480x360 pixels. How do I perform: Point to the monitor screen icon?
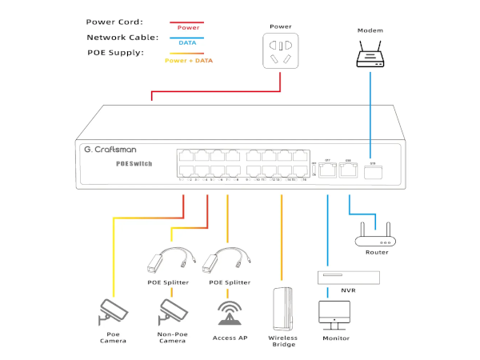pos(335,312)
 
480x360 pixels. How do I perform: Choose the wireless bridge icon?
pos(283,307)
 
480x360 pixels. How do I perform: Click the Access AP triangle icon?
pos(230,314)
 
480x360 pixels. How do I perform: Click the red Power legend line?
pos(187,22)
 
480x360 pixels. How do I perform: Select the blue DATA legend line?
pos(187,38)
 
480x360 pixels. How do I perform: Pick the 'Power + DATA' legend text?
pos(188,61)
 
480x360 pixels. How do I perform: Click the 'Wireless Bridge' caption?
pos(283,342)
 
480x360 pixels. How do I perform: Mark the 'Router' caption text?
pos(376,253)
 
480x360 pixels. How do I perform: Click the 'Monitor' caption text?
pos(336,338)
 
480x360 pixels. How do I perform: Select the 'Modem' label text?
pos(370,30)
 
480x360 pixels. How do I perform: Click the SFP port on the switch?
pos(370,170)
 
